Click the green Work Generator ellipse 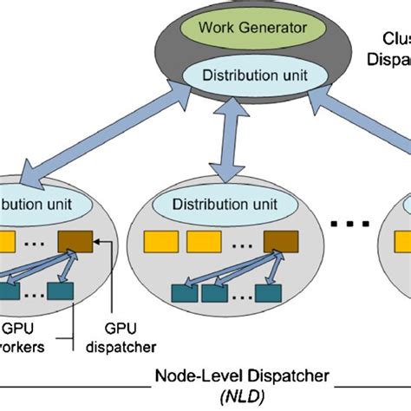[251, 28]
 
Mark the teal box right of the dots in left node [62, 292]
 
